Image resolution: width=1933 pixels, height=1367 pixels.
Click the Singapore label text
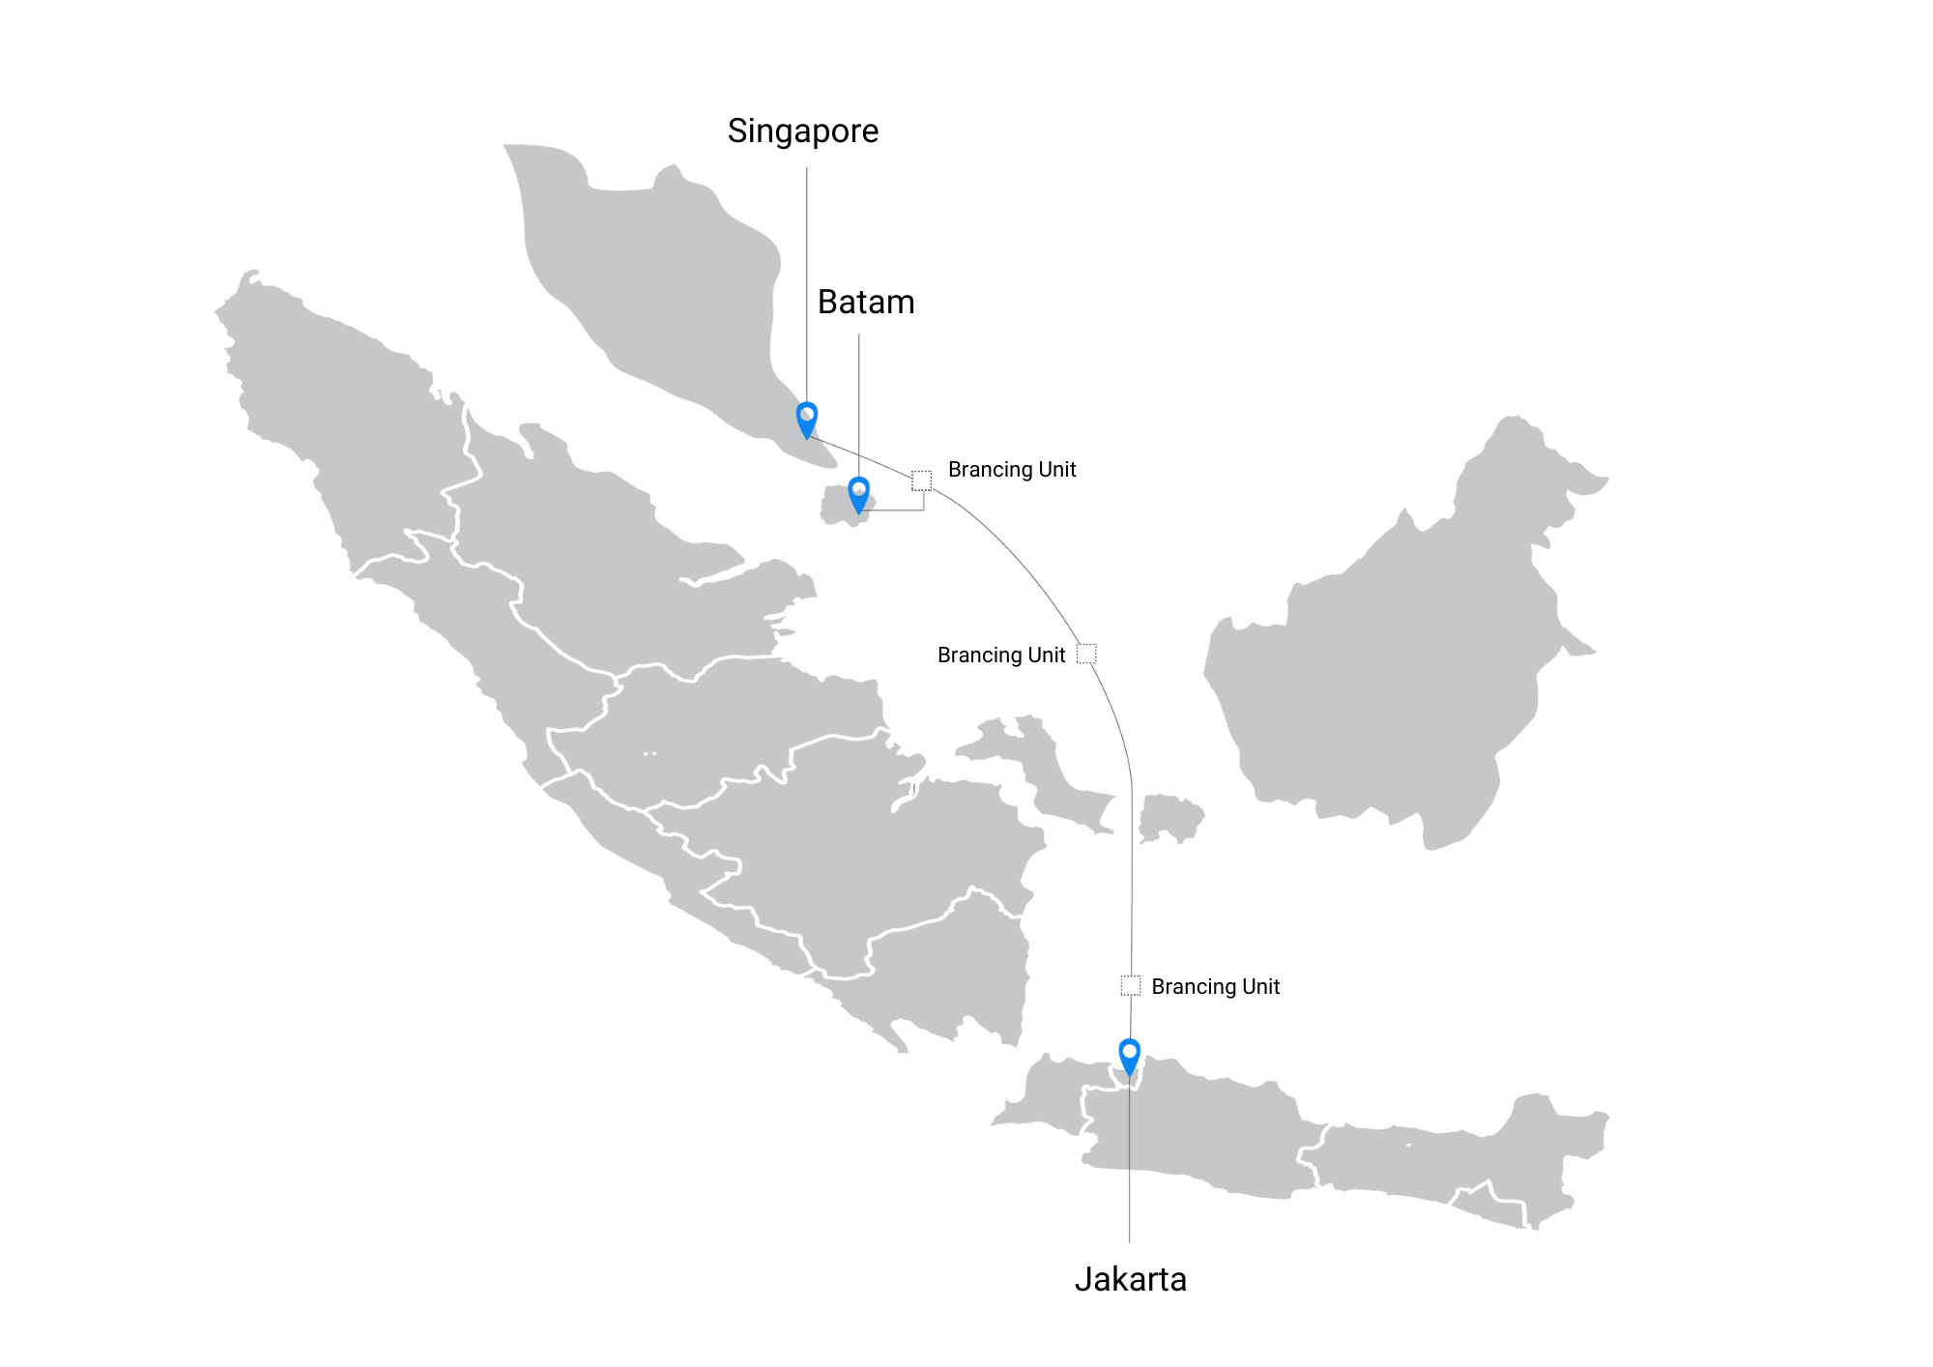click(x=802, y=131)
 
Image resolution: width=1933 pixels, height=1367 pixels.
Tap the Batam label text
click(x=865, y=303)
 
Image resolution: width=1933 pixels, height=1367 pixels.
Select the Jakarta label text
click(x=1130, y=1280)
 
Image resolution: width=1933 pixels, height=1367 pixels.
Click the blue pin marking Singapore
click(x=806, y=418)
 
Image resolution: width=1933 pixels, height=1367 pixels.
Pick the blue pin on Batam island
click(x=858, y=493)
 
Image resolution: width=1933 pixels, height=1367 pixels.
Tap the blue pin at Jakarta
click(x=1129, y=1055)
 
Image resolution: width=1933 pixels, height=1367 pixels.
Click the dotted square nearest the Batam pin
click(x=921, y=480)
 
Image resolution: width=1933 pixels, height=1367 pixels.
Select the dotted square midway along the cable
click(x=1086, y=654)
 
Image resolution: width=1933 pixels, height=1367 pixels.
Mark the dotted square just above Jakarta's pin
click(x=1130, y=985)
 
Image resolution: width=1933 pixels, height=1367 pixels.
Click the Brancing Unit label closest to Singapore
click(x=1011, y=470)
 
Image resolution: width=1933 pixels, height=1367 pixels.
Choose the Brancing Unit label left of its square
click(x=1000, y=655)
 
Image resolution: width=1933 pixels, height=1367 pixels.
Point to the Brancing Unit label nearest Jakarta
click(x=1215, y=987)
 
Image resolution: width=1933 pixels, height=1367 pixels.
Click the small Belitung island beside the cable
click(x=1169, y=818)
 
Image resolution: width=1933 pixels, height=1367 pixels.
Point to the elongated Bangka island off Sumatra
click(x=1053, y=773)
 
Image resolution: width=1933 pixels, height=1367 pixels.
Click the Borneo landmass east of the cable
click(x=1401, y=657)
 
